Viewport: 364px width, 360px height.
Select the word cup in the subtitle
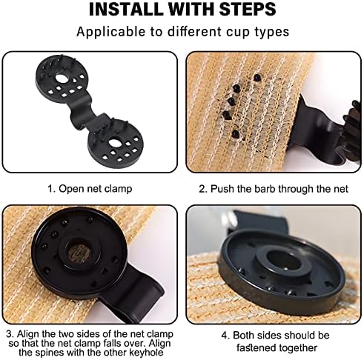click(x=238, y=33)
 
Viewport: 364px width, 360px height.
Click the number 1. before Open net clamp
click(x=51, y=189)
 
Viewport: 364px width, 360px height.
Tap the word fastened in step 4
click(x=257, y=348)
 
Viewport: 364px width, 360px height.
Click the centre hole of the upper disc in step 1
click(x=61, y=79)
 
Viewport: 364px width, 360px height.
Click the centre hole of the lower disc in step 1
click(x=114, y=143)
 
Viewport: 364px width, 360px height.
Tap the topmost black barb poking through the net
click(x=257, y=77)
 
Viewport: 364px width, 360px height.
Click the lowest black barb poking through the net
click(x=236, y=133)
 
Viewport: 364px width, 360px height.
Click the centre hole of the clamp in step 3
click(x=79, y=253)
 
